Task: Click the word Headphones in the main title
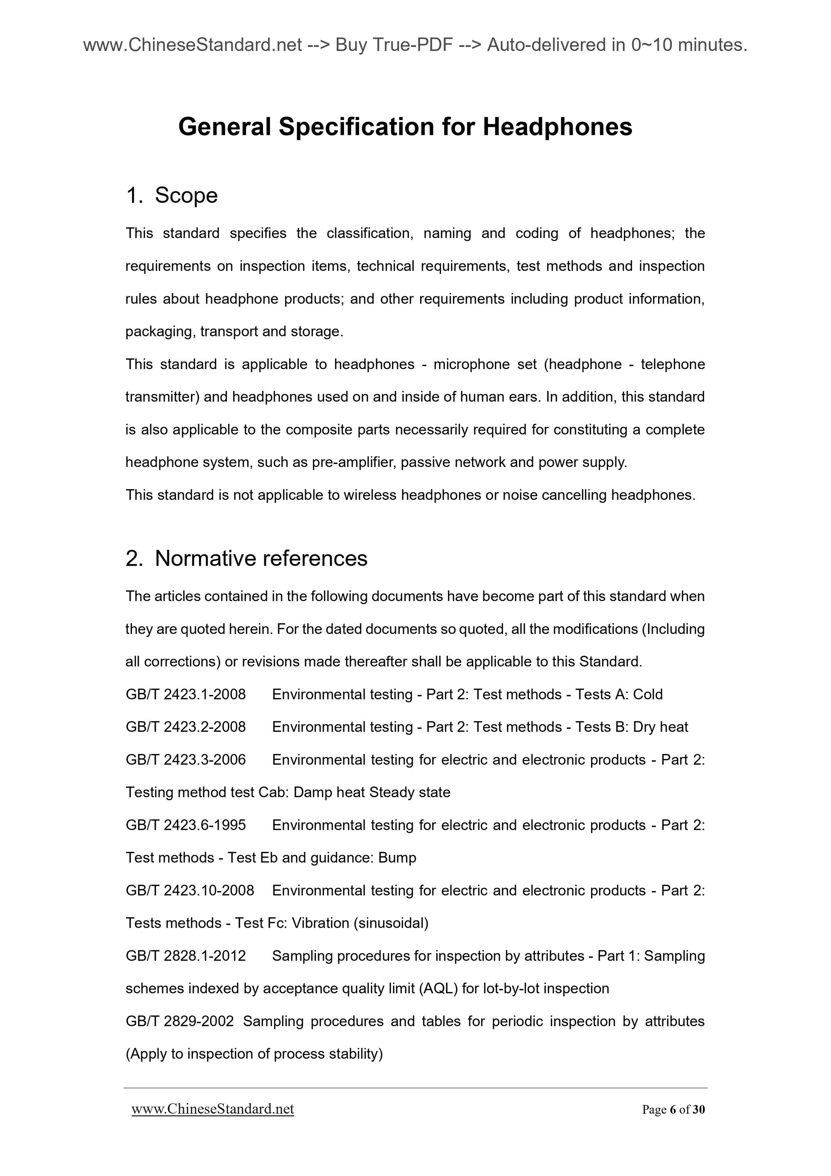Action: click(x=557, y=127)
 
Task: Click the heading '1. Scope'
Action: click(x=172, y=196)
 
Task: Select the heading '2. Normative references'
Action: click(x=246, y=558)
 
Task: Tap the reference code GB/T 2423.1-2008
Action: click(x=185, y=695)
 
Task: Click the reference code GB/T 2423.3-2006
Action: click(x=185, y=760)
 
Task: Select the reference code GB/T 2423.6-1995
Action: click(x=185, y=825)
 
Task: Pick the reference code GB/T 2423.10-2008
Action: click(x=190, y=891)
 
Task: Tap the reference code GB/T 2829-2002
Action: click(x=179, y=1021)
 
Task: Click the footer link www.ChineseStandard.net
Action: click(x=213, y=1109)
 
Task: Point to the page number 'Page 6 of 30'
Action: click(x=673, y=1110)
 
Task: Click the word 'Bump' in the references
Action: click(x=397, y=858)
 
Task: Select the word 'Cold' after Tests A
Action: click(x=648, y=695)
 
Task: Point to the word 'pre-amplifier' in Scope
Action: click(x=353, y=463)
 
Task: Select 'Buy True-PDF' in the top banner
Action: click(x=394, y=46)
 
